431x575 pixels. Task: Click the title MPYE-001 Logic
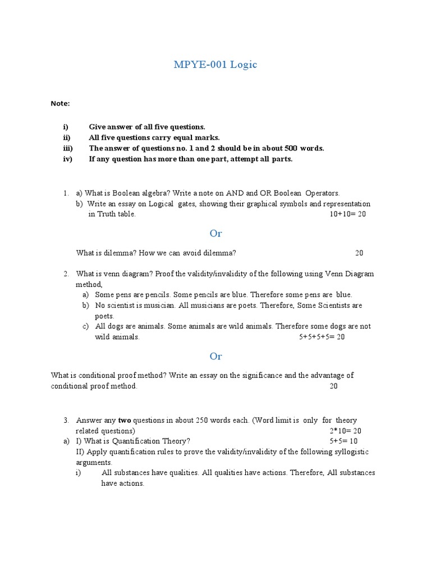click(x=215, y=65)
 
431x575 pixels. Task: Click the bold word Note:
click(x=60, y=103)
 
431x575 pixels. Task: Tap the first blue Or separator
click(x=215, y=233)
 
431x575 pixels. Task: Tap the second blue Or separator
click(x=215, y=356)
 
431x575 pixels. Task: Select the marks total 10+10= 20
click(x=348, y=214)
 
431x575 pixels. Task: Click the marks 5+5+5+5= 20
click(x=322, y=337)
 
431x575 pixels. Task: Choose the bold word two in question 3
click(x=125, y=420)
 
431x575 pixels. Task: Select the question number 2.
click(x=66, y=274)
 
